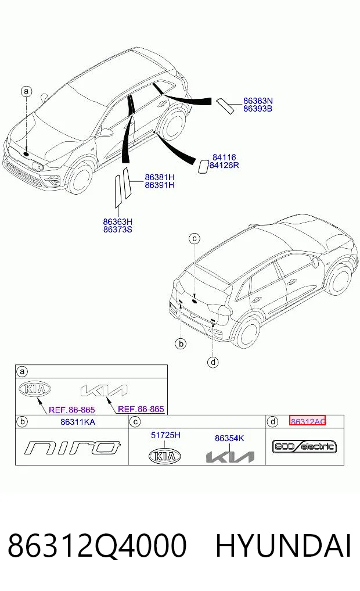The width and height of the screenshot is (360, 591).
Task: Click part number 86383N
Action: [258, 101]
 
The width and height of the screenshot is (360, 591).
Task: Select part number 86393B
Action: [258, 109]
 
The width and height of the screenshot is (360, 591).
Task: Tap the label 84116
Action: [224, 157]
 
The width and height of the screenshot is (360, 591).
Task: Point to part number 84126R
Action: [224, 165]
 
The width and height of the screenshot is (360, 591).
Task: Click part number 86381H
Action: [159, 177]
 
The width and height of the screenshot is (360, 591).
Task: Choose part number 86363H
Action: [118, 221]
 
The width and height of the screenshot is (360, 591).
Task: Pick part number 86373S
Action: [118, 230]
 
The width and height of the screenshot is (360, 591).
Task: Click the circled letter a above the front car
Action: [26, 91]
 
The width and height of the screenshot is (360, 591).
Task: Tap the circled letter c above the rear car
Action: [195, 239]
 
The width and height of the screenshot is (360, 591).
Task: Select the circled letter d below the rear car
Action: [213, 362]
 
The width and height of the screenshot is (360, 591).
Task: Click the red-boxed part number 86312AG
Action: [308, 421]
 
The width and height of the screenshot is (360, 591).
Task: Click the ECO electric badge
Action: [304, 447]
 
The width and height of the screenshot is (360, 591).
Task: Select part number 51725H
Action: [165, 435]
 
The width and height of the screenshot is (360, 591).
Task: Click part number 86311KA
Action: [78, 422]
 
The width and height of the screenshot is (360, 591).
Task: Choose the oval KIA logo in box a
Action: [35, 389]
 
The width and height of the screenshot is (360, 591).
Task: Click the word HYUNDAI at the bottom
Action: [283, 546]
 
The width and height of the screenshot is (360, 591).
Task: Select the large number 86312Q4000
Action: [97, 546]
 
